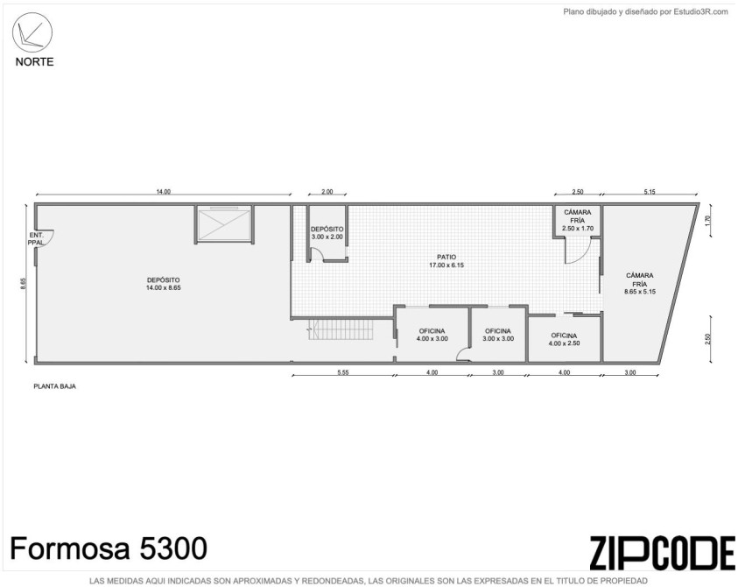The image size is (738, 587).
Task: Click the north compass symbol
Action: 32,32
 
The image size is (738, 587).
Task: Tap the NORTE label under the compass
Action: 34,61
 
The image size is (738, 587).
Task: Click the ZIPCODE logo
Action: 662,553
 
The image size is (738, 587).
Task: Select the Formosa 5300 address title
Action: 109,548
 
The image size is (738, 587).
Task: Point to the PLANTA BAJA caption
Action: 54,386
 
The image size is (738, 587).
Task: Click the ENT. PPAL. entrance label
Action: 36,238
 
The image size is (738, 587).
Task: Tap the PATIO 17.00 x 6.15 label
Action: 446,261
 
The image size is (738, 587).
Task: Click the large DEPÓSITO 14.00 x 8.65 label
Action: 164,284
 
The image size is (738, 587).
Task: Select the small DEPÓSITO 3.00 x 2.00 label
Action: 327,233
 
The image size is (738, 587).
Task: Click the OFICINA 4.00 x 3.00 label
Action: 432,335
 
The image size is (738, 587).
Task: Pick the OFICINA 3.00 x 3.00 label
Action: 498,335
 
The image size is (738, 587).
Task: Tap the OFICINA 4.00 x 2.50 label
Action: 564,339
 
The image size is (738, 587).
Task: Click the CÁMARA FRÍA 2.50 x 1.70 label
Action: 578,220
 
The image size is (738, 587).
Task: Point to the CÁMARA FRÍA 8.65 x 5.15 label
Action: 640,283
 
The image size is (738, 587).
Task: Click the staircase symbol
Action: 341,329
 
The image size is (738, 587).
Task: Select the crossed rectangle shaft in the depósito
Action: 223,224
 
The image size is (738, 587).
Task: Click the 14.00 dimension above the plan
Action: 164,192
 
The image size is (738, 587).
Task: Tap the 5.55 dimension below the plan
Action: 343,372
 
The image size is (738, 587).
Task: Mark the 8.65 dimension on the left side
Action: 23,284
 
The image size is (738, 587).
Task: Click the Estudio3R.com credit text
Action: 645,12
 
